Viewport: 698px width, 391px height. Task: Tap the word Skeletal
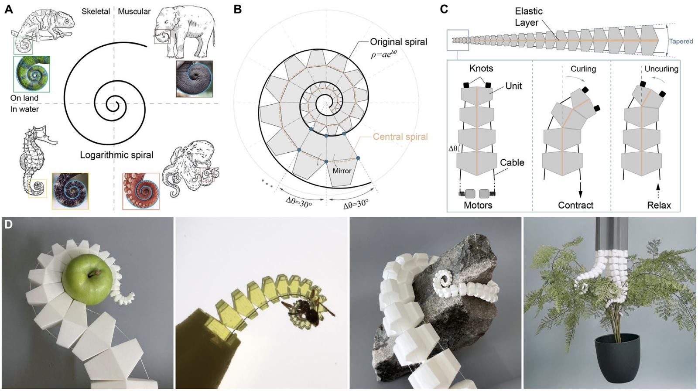[x=96, y=11]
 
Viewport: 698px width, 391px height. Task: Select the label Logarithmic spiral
[x=116, y=155]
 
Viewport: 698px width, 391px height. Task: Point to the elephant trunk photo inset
[x=194, y=79]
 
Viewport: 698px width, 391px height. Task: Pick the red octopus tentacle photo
[x=141, y=191]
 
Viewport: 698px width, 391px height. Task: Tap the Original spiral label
[x=399, y=42]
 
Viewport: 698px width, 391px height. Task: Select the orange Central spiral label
[x=400, y=137]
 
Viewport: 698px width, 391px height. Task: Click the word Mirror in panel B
[x=342, y=171]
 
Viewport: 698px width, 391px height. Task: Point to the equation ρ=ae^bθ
[x=383, y=55]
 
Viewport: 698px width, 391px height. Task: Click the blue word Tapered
[x=681, y=41]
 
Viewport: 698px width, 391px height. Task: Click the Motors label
[x=478, y=205]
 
